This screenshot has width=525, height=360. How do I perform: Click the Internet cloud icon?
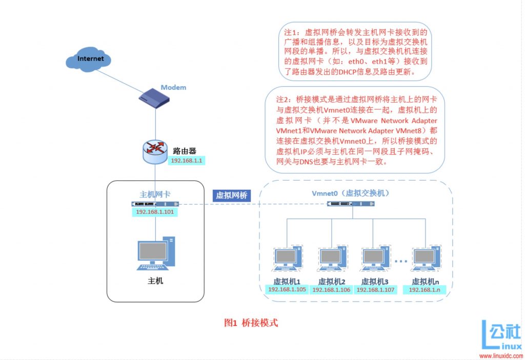click(88, 59)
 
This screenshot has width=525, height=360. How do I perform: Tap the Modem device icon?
click(154, 98)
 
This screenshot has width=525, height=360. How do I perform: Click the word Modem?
click(173, 87)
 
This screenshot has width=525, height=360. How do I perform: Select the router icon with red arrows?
click(155, 152)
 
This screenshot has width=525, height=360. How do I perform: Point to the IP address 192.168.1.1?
click(187, 161)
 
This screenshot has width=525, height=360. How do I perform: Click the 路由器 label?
click(185, 151)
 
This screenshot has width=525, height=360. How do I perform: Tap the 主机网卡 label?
click(155, 194)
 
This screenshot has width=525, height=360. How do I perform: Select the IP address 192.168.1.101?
click(155, 212)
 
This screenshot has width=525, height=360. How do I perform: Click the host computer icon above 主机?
click(156, 253)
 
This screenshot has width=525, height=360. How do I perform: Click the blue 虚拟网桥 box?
click(231, 195)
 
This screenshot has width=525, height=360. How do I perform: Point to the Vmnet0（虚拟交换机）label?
click(350, 193)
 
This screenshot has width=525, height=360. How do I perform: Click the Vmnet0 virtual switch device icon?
click(351, 204)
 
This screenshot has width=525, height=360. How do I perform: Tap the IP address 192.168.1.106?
click(331, 290)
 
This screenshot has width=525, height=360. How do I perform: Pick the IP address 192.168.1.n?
click(425, 290)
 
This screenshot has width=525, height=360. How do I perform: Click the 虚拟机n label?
click(425, 282)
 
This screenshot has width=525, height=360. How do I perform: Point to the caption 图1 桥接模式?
click(251, 323)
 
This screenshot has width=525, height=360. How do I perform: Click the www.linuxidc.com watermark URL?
click(501, 356)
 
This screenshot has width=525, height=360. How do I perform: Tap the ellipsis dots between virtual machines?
click(401, 261)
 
